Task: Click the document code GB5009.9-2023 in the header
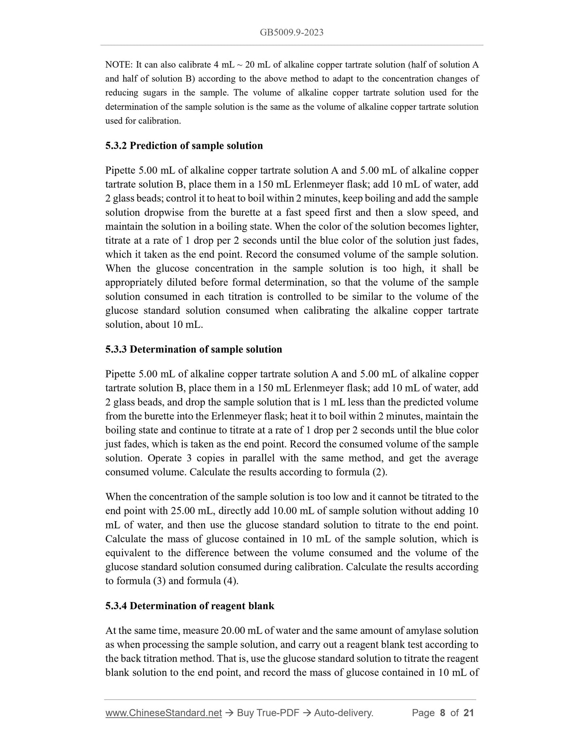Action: tap(291, 33)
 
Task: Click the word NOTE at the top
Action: tap(117, 65)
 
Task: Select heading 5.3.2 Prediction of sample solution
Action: tap(184, 146)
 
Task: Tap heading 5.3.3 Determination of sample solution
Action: tap(194, 349)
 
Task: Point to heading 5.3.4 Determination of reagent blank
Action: tap(190, 606)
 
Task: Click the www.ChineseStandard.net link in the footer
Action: tap(164, 713)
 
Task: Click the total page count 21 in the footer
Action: tap(468, 713)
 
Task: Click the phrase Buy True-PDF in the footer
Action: tap(268, 713)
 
